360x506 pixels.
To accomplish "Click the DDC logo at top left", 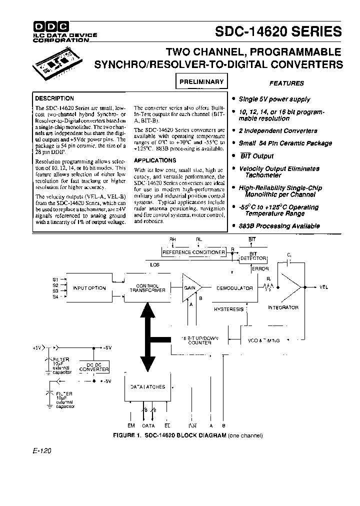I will click(x=51, y=26).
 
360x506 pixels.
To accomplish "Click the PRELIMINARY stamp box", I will click(x=201, y=81).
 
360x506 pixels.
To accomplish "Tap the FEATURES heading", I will click(x=286, y=83).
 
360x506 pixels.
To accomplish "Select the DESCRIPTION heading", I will click(x=54, y=98).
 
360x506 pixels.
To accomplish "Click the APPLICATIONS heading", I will click(x=155, y=160).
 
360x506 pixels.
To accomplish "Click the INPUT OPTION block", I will click(x=89, y=288).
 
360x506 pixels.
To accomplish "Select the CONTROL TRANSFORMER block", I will click(x=147, y=288).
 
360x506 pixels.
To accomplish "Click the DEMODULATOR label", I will click(x=234, y=288).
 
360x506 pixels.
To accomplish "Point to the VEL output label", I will click(x=323, y=287).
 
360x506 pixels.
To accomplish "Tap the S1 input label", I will click(x=55, y=279).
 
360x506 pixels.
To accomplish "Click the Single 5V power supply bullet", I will click(x=274, y=99).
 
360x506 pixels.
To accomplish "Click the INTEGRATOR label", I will click(x=283, y=307).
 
